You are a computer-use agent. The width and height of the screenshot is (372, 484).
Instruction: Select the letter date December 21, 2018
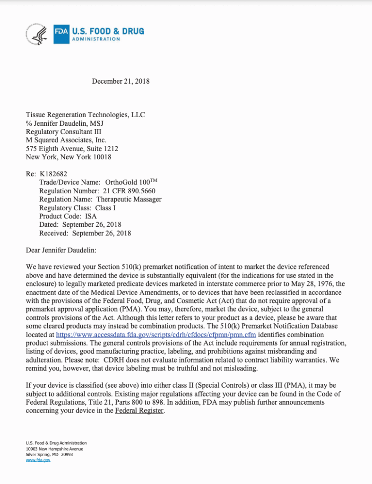click(x=121, y=81)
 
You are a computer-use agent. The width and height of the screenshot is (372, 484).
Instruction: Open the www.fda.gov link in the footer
click(x=38, y=460)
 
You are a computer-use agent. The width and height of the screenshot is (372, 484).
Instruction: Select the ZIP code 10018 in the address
click(x=102, y=157)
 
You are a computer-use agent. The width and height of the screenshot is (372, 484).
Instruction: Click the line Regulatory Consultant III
click(x=63, y=131)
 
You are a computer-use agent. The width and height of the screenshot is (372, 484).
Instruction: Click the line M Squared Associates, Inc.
click(x=66, y=140)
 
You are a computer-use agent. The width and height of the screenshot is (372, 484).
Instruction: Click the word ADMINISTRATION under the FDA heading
click(x=96, y=39)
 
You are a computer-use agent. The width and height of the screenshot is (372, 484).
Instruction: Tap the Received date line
click(x=85, y=233)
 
